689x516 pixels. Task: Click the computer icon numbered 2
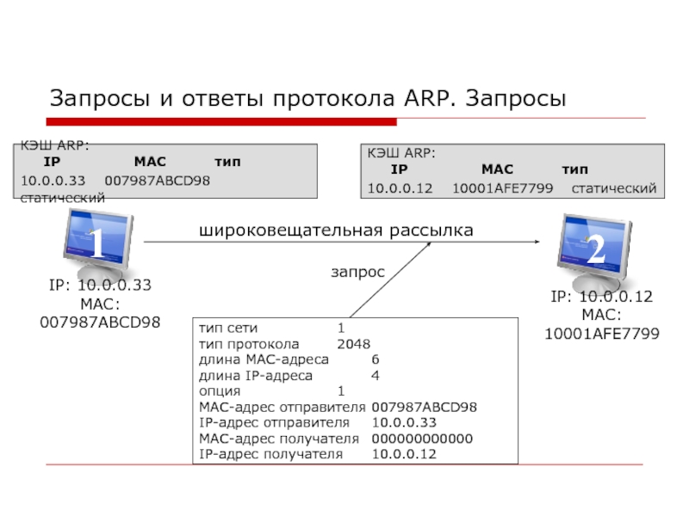click(594, 249)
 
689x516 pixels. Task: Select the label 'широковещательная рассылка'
click(336, 230)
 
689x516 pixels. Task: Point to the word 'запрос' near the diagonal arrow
click(357, 271)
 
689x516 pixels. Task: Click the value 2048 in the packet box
click(353, 344)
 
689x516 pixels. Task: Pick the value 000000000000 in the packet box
click(422, 439)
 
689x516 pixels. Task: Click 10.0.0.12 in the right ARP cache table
click(400, 188)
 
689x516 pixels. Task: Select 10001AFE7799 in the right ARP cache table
click(502, 188)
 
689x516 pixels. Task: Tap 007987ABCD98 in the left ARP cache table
click(157, 180)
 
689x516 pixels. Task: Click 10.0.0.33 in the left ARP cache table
click(53, 180)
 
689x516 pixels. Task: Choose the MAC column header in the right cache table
click(497, 170)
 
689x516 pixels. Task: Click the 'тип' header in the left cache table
click(227, 162)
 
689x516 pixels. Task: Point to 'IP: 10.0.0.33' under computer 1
click(100, 286)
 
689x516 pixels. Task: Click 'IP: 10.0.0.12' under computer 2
click(602, 298)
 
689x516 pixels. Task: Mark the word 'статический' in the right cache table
click(614, 188)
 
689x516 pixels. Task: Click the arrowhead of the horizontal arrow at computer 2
click(546, 243)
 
